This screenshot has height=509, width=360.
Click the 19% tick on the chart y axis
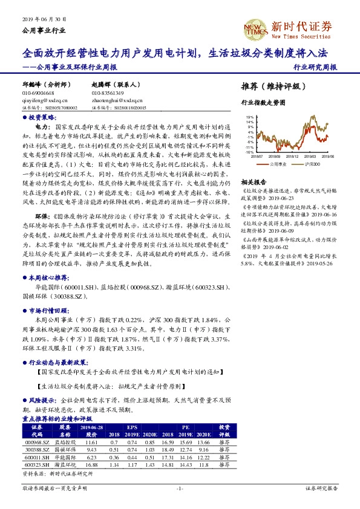249,117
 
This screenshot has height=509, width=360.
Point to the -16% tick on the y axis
249,152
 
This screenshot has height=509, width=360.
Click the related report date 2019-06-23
287,197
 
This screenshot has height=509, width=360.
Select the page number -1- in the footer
180,487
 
